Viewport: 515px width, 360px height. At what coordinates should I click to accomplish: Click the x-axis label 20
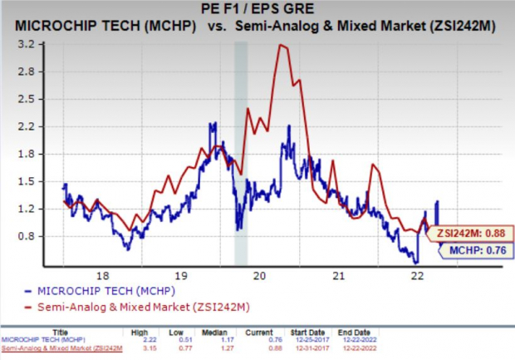pyautogui.click(x=259, y=274)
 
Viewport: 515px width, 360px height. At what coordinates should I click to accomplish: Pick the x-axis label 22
pyautogui.click(x=418, y=274)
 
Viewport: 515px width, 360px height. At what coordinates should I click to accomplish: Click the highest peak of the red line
pyautogui.click(x=282, y=45)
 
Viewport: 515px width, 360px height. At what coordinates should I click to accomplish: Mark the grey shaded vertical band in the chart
pyautogui.click(x=241, y=150)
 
